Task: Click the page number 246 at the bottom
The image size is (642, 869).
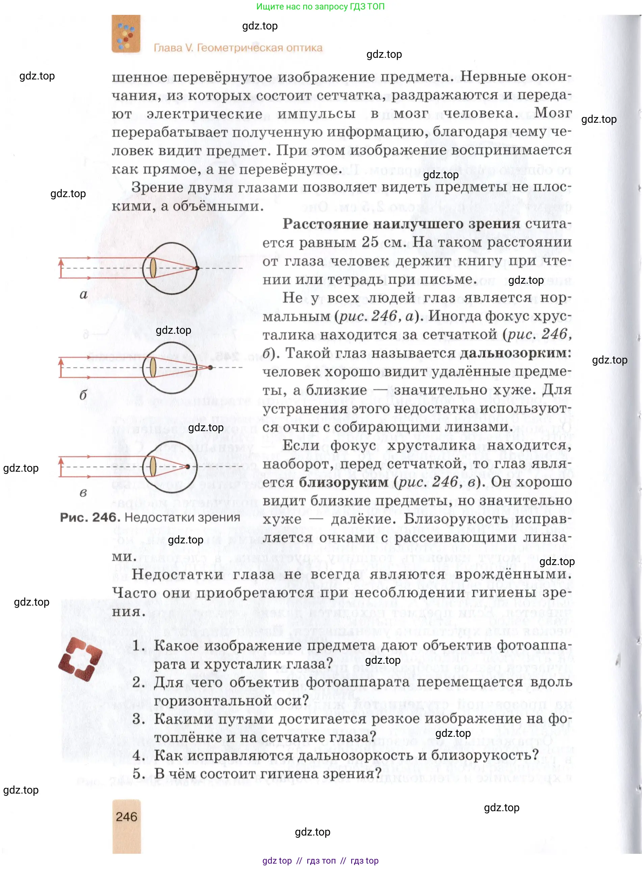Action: (126, 816)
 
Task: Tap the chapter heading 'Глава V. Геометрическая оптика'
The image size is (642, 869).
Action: (238, 48)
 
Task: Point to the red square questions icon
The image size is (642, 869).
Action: (80, 659)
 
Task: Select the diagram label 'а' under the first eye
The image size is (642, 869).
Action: (83, 295)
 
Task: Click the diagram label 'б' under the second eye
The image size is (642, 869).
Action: (83, 395)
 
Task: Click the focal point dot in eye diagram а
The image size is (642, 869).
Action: (197, 268)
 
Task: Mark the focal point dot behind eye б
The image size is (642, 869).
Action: (211, 367)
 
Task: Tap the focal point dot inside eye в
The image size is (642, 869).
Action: (188, 466)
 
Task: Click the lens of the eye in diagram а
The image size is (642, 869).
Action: (153, 268)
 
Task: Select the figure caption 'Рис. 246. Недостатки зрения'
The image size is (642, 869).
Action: (150, 517)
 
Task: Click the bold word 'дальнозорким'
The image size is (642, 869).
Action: (515, 353)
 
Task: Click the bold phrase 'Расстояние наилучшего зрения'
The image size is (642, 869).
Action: (401, 224)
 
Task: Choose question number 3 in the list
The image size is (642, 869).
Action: (138, 719)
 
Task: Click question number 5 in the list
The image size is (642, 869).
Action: (138, 774)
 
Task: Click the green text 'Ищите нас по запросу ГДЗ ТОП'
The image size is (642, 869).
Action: (320, 7)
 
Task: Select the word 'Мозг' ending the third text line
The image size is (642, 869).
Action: (553, 113)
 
